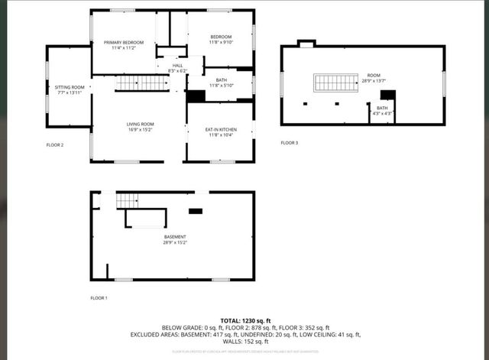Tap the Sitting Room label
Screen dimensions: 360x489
70,90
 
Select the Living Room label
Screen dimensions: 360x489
140,127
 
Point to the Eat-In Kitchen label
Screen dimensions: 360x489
221,132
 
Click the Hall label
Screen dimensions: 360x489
177,68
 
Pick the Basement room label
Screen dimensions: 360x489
174,240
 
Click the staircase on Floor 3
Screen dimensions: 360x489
336,83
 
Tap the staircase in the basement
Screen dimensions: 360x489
128,200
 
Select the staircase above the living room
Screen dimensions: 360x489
141,83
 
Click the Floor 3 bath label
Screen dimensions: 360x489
382,111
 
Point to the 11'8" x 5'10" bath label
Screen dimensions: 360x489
221,83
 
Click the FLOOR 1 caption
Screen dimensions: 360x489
99,297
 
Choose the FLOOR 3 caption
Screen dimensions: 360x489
290,143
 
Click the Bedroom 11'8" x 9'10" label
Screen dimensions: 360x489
221,40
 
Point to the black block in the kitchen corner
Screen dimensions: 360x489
196,96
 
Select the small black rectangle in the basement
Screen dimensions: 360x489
196,211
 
